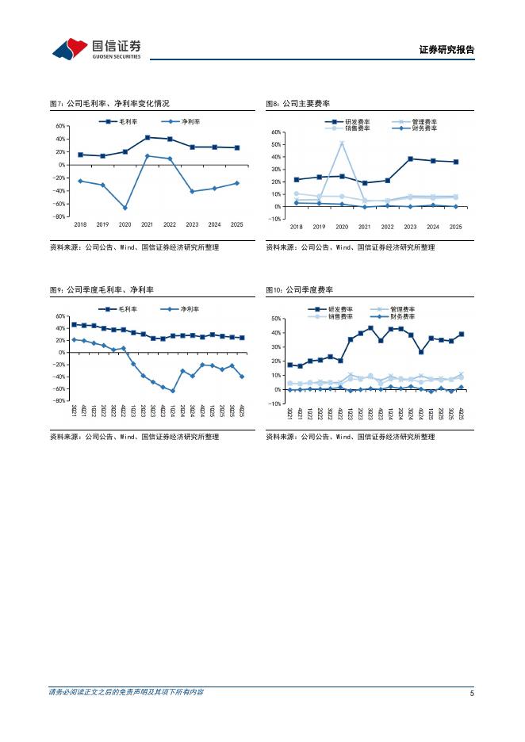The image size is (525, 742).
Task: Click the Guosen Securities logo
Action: (96, 48)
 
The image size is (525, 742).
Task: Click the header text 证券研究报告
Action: (446, 50)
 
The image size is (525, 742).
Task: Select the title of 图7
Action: (109, 104)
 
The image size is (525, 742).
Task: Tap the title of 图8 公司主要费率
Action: (297, 104)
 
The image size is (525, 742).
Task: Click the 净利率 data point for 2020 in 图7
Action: (125, 208)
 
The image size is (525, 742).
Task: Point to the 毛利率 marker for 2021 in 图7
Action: (148, 138)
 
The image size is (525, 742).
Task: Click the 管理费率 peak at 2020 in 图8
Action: (342, 143)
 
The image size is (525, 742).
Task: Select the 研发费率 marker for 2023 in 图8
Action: (410, 159)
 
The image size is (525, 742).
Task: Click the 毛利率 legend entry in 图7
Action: (118, 121)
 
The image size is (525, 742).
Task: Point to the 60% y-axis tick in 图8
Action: (277, 132)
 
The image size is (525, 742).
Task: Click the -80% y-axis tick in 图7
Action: (59, 216)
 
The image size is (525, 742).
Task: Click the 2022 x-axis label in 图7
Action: (170, 225)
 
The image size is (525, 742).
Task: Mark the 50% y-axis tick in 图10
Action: (277, 319)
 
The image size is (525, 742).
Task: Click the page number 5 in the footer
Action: (472, 693)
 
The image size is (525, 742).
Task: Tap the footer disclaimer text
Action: (126, 692)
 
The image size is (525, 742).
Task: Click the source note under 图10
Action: (351, 436)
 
